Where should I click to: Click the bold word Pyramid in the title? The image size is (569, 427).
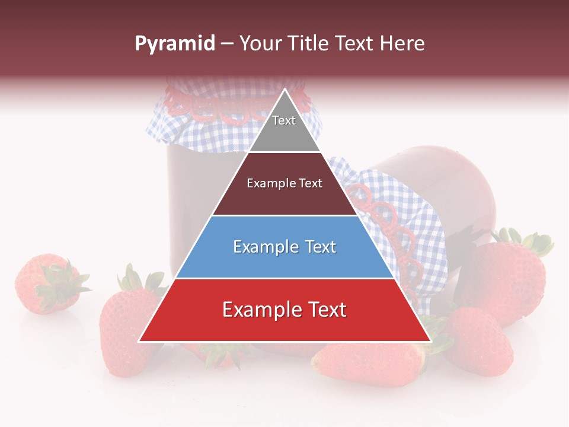click(x=174, y=44)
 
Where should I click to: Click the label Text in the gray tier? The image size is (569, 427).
click(x=284, y=120)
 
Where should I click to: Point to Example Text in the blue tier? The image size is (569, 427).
click(x=284, y=247)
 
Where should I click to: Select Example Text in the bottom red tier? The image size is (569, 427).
click(x=284, y=310)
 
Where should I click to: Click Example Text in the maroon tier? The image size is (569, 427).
click(x=284, y=183)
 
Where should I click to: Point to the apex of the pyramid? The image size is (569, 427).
click(x=284, y=90)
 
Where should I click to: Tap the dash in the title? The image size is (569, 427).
click(x=227, y=44)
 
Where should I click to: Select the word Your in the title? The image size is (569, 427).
click(x=259, y=44)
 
